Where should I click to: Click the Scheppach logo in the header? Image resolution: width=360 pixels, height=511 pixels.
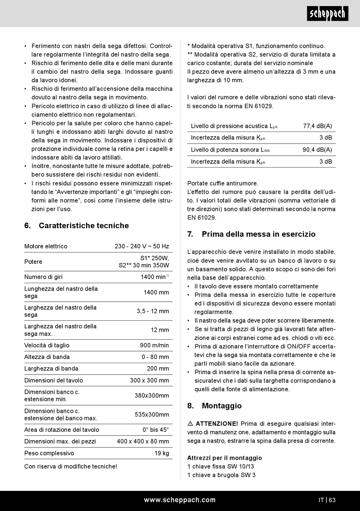pyautogui.click(x=327, y=14)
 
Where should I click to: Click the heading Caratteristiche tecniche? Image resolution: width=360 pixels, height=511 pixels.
pyautogui.click(x=83, y=226)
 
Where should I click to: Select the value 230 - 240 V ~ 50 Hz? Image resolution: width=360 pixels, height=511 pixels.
pyautogui.click(x=142, y=246)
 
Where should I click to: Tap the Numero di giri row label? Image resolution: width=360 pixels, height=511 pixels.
pyautogui.click(x=43, y=277)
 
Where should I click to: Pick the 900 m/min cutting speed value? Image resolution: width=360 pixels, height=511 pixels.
pyautogui.click(x=154, y=345)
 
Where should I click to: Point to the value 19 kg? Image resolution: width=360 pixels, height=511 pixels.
pyautogui.click(x=162, y=453)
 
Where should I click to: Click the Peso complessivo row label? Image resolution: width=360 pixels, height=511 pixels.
pyautogui.click(x=49, y=453)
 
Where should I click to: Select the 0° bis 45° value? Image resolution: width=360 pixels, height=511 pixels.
pyautogui.click(x=155, y=430)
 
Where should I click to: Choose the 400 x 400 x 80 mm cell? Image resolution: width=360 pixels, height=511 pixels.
pyautogui.click(x=143, y=441)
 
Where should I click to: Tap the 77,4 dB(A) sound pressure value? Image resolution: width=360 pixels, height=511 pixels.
pyautogui.click(x=318, y=126)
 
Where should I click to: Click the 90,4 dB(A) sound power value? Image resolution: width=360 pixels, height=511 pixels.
pyautogui.click(x=317, y=150)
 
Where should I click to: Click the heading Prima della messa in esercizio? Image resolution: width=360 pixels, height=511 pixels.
pyautogui.click(x=258, y=234)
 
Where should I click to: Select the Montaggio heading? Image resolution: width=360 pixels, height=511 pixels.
pyautogui.click(x=221, y=406)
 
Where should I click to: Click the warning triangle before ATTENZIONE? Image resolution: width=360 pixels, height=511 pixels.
pyautogui.click(x=190, y=424)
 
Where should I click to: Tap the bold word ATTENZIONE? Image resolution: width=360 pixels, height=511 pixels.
pyautogui.click(x=217, y=424)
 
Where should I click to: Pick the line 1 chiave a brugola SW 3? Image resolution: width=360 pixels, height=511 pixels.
pyautogui.click(x=221, y=475)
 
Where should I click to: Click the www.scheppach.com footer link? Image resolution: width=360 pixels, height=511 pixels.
pyautogui.click(x=180, y=500)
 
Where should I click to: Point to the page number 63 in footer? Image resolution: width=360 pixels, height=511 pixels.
pyautogui.click(x=332, y=500)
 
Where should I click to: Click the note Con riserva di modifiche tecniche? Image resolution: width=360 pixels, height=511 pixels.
pyautogui.click(x=70, y=467)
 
